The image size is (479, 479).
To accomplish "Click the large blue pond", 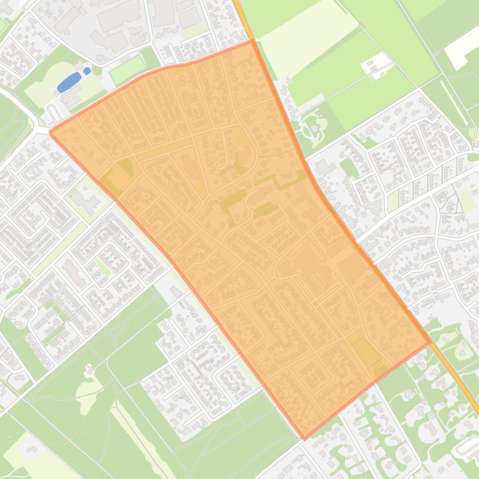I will (x=69, y=82).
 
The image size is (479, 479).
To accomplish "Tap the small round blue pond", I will (x=87, y=71).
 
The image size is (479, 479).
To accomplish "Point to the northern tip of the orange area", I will (x=252, y=41).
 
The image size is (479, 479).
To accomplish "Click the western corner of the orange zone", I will (x=50, y=131).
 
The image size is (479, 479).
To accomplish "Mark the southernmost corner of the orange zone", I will (x=305, y=439).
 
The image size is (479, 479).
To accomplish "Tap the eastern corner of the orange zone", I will (x=430, y=342).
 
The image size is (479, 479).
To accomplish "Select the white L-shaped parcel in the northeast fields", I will (x=464, y=47).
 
